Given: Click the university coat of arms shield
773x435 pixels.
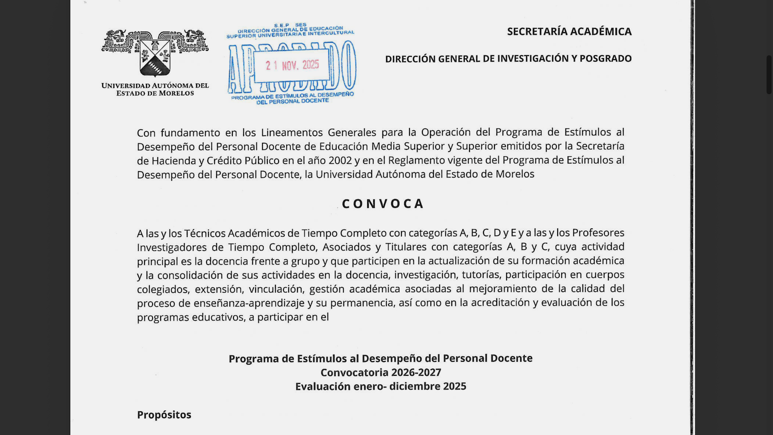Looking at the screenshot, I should point(155,58).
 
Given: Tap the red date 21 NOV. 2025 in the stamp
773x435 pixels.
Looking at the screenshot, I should point(292,65).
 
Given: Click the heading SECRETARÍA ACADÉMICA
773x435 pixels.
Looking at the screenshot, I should point(569,31).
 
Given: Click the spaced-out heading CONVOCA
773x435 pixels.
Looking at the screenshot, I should point(382,204).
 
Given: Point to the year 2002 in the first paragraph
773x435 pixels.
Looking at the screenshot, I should point(340,161).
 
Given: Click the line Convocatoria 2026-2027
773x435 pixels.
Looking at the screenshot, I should point(380,373).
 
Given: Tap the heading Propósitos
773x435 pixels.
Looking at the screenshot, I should point(164,415).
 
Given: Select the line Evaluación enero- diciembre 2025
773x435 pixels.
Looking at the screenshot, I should point(380,387).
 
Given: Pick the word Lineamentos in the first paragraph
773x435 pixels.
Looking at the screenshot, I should point(291,133).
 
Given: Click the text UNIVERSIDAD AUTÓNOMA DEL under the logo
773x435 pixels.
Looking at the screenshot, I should point(155,86).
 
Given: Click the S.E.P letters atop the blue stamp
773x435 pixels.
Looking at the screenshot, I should point(281,25).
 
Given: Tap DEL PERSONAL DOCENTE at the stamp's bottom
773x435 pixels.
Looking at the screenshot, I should point(293,101).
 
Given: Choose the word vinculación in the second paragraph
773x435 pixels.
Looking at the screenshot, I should point(276,289).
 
